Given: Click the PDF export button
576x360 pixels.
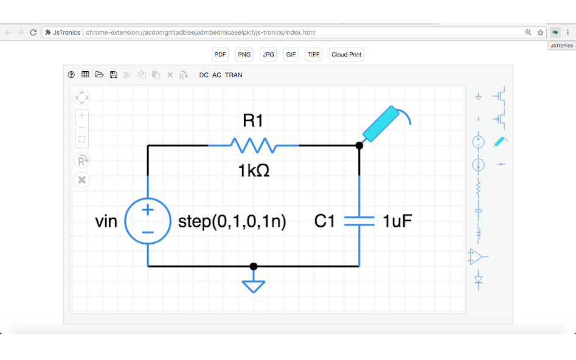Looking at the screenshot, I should pos(220,55).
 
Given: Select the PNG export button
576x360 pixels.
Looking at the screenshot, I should pos(244,55).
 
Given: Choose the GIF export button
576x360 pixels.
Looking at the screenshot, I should pos(291,55).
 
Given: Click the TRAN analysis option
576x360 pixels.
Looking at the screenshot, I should pos(234,75).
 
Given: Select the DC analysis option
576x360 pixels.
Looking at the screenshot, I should pos(204,75).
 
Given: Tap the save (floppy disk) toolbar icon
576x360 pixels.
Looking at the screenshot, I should pos(113,75).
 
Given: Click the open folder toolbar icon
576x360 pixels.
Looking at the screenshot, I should pos(99,75).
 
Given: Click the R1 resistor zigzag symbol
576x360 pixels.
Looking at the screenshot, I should pos(253,145).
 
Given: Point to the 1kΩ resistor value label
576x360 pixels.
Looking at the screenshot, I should pos(253,171).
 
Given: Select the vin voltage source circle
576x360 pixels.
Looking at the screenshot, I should pos(148,221).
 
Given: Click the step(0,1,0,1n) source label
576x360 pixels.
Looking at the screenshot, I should pos(232,221).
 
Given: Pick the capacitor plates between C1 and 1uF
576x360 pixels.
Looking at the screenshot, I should pos(359,221).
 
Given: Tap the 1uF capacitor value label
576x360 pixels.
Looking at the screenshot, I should pos(397,221).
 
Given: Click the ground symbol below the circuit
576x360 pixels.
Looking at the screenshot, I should pos(254,285).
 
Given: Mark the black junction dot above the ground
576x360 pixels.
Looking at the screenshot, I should pos(254,266).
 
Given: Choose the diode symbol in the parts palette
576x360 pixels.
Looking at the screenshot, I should pos(478,280).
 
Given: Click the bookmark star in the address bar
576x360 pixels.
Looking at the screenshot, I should pos(540,32).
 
